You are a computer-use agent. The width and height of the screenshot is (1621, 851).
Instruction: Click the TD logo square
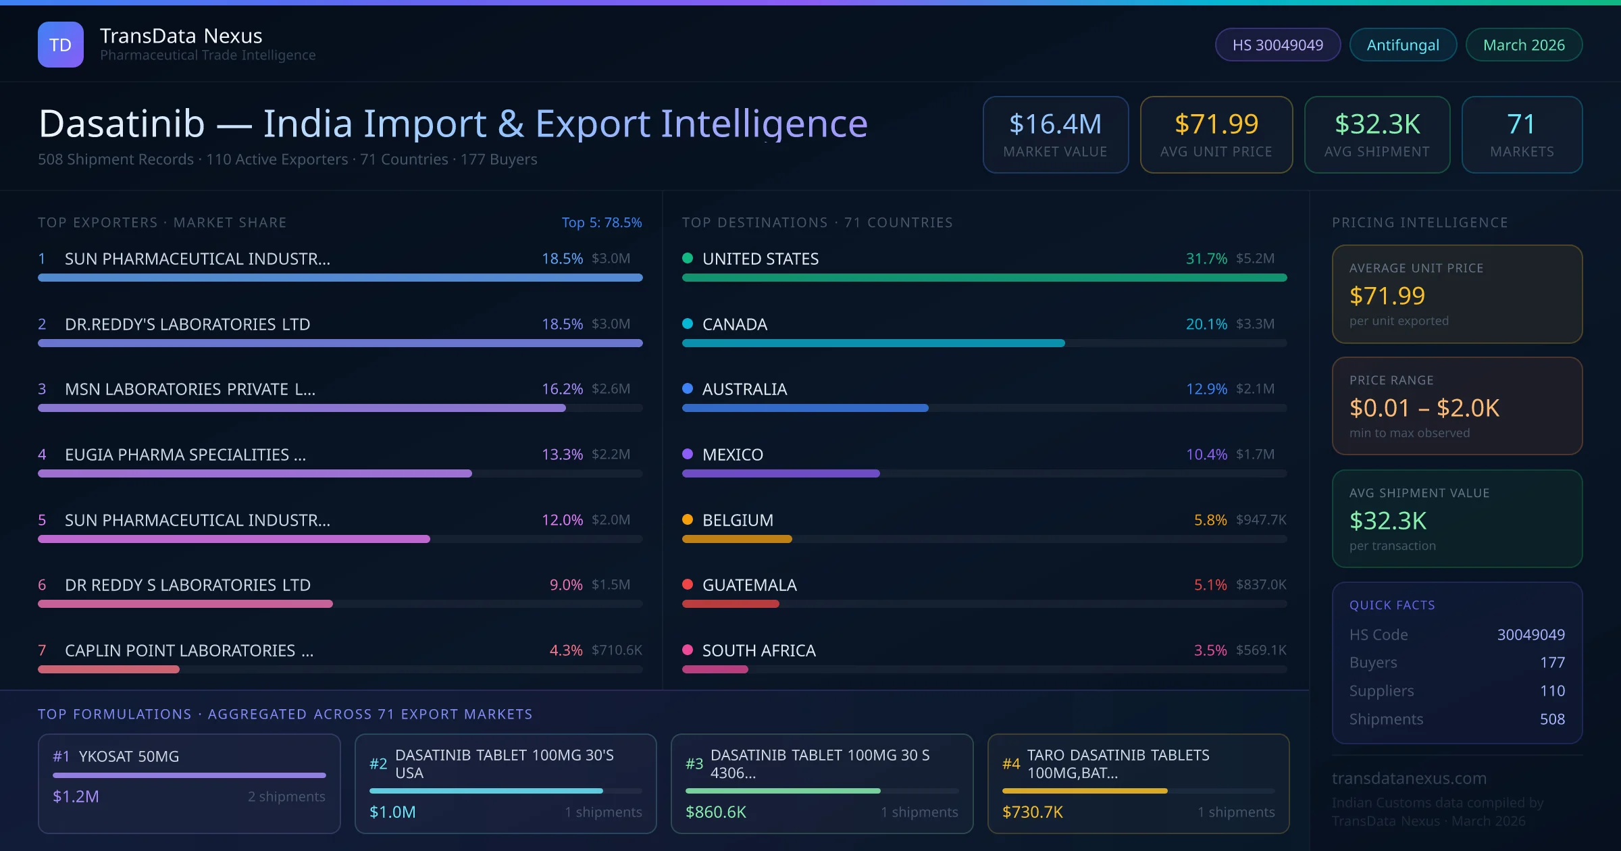click(61, 45)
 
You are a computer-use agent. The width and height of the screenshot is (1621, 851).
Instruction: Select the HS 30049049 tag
click(1277, 45)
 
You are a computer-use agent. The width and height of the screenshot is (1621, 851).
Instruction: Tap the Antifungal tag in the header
click(1403, 45)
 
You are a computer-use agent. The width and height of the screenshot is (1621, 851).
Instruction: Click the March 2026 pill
click(1524, 45)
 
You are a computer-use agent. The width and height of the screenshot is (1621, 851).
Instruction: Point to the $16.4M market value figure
click(1055, 124)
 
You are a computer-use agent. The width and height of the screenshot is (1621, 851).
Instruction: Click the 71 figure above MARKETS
click(1521, 124)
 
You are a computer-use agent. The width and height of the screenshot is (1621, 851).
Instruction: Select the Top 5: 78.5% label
click(601, 222)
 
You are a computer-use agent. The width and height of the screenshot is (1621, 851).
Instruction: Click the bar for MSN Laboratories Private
click(301, 408)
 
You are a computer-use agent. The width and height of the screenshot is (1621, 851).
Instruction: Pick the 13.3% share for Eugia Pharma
click(562, 455)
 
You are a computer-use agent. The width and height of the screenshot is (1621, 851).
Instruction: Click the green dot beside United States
click(688, 258)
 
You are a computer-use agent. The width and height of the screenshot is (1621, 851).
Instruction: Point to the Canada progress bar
click(873, 343)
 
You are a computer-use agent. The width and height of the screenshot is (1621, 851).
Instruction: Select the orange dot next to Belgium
click(688, 519)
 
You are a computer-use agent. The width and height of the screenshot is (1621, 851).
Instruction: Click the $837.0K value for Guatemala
click(1261, 585)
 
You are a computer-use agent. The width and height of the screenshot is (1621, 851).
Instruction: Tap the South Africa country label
click(758, 650)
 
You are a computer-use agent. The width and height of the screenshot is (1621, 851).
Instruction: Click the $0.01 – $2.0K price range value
click(1424, 408)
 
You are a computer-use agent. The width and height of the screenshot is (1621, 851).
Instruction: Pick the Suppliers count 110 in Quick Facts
click(1552, 691)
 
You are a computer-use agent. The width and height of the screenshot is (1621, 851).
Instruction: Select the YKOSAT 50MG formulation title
click(128, 756)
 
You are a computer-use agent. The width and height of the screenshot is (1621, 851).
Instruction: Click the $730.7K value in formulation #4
click(1032, 812)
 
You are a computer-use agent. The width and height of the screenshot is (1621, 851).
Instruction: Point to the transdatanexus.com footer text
click(1409, 778)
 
